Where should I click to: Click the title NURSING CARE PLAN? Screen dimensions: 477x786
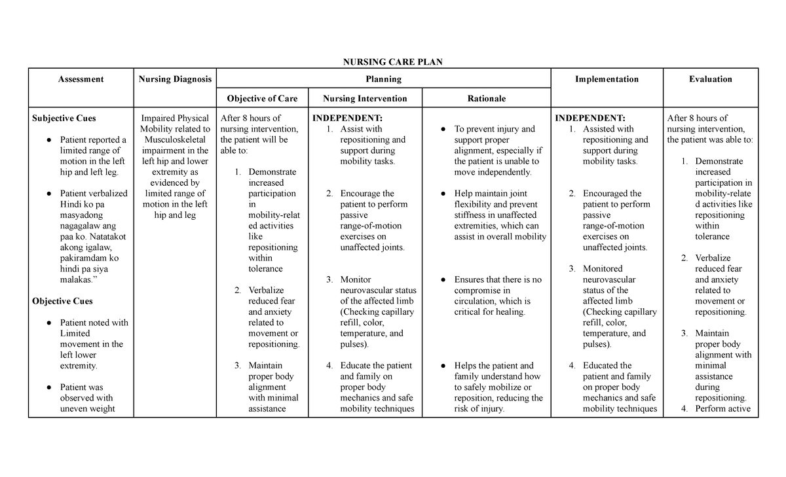393,62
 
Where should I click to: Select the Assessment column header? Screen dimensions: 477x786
81,79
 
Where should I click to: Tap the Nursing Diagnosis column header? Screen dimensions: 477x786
175,79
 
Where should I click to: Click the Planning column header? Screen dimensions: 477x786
383,79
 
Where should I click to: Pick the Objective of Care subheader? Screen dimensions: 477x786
262,99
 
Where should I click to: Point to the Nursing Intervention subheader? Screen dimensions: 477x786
365,99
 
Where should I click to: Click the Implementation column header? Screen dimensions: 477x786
607,79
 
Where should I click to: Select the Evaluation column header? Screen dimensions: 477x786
710,79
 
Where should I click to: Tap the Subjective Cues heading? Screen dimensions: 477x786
64,118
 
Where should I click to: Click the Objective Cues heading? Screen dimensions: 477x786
62,302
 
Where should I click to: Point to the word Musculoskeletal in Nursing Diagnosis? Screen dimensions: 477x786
175,140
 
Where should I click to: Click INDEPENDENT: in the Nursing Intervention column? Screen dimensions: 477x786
347,118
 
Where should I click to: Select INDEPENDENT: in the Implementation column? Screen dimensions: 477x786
590,118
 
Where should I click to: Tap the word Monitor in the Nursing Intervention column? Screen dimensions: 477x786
356,279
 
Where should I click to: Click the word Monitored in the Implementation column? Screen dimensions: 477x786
603,269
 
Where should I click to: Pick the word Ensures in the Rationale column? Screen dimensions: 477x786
470,279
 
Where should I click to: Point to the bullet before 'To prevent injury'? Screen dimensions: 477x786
443,130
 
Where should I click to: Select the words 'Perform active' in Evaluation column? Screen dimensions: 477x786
722,409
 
